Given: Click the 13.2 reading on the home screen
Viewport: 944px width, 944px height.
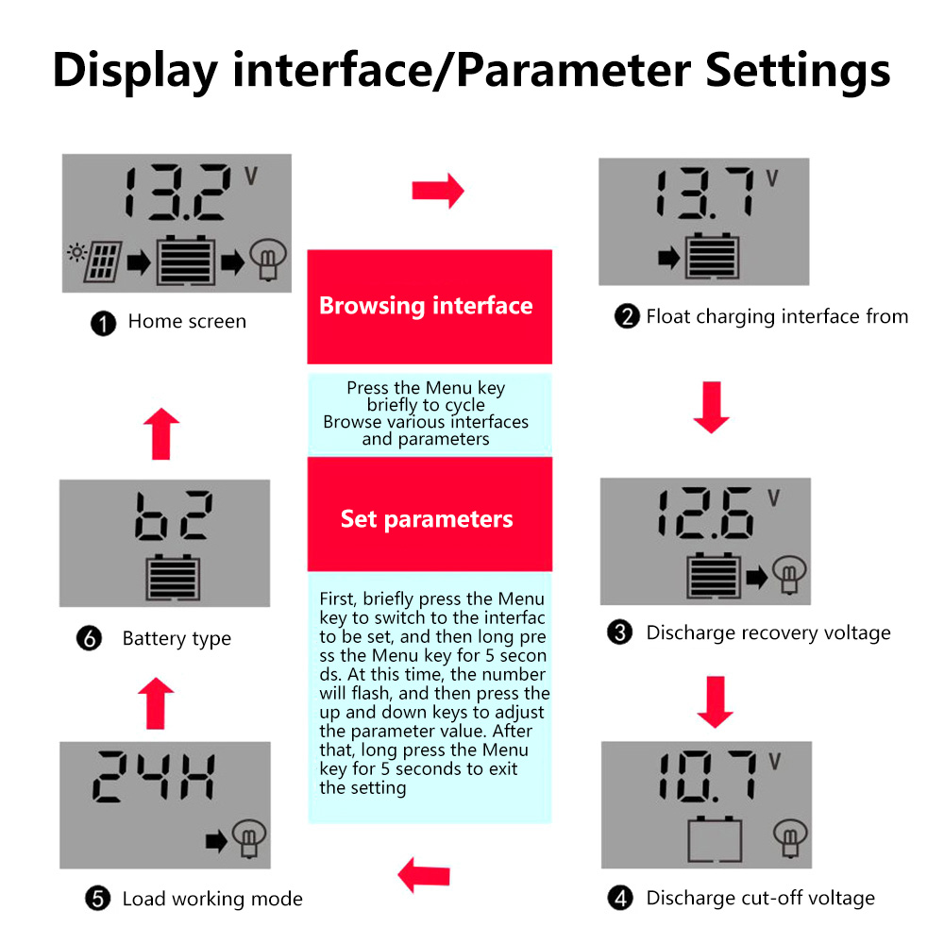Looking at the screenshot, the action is click(177, 192).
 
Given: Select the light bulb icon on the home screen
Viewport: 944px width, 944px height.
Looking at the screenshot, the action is click(268, 260).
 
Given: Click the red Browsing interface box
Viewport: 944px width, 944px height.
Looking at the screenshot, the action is click(430, 307).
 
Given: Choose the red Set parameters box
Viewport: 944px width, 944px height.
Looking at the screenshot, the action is click(430, 514).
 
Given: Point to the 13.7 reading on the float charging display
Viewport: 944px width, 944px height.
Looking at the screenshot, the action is click(705, 193).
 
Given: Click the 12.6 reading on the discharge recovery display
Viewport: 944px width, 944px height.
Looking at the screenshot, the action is click(705, 513).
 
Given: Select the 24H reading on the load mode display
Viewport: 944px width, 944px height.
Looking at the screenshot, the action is click(154, 776).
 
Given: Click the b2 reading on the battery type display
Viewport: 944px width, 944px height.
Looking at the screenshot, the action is click(174, 515).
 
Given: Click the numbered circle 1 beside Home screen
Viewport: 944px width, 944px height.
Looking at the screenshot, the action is click(103, 323).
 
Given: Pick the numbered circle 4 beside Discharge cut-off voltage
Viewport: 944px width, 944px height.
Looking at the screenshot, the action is click(620, 899).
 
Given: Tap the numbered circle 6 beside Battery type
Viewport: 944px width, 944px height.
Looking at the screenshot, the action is click(89, 638).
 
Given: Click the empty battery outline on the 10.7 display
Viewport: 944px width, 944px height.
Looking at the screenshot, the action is click(715, 839).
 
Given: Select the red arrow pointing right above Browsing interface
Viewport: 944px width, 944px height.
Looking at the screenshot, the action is click(438, 191).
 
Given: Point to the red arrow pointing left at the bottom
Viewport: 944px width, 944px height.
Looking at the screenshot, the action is click(424, 875).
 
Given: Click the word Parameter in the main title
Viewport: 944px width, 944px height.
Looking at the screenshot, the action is click(573, 71).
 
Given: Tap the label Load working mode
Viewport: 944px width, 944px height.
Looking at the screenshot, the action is click(212, 899).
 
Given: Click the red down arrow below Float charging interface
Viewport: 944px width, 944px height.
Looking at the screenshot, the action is click(711, 407).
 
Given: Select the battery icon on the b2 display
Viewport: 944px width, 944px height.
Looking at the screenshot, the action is click(173, 578).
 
